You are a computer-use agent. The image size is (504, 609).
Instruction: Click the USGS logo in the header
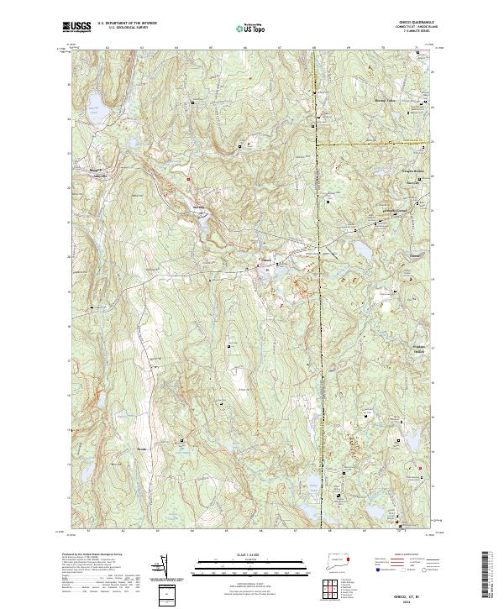tap(76, 27)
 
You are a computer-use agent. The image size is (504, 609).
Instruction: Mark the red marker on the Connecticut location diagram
tap(349, 558)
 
